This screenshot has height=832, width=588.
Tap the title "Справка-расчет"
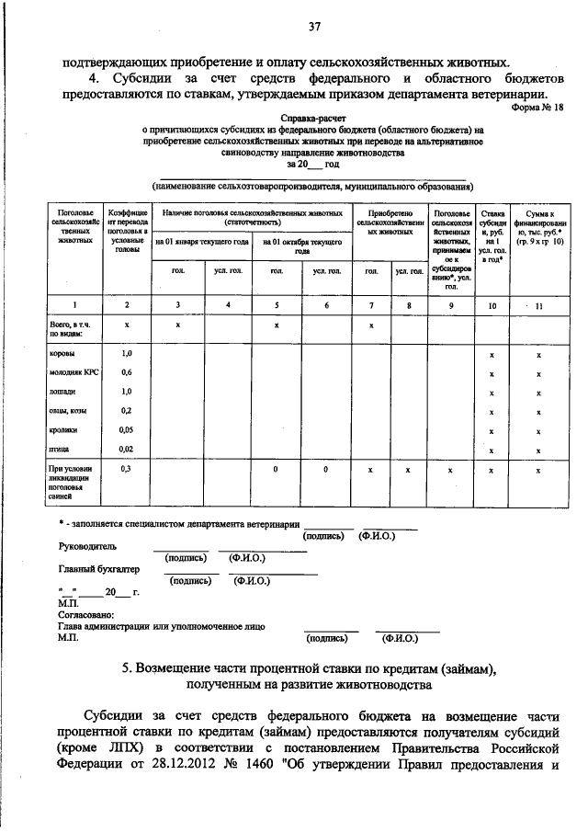click(x=312, y=120)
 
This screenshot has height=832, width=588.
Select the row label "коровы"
click(x=62, y=353)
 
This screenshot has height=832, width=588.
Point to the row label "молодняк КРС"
click(x=73, y=372)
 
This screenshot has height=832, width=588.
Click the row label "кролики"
click(x=63, y=430)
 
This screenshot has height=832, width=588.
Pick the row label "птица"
click(x=61, y=449)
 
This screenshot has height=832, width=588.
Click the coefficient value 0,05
click(x=127, y=430)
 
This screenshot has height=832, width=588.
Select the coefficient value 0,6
click(x=127, y=372)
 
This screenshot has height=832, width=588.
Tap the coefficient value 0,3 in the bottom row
click(x=127, y=469)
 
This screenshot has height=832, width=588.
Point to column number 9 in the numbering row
click(x=451, y=304)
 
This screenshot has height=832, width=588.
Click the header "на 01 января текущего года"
click(x=201, y=243)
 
